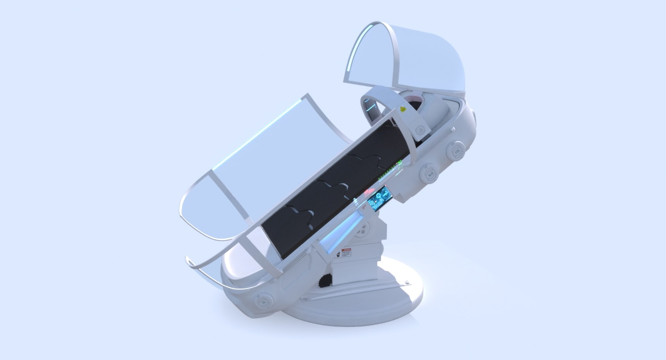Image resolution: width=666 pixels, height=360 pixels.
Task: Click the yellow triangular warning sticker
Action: pos(402,109)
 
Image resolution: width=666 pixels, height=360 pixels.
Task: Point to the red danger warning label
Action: pos(346,252)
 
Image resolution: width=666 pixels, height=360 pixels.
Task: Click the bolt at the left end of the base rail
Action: pos(305,299)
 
